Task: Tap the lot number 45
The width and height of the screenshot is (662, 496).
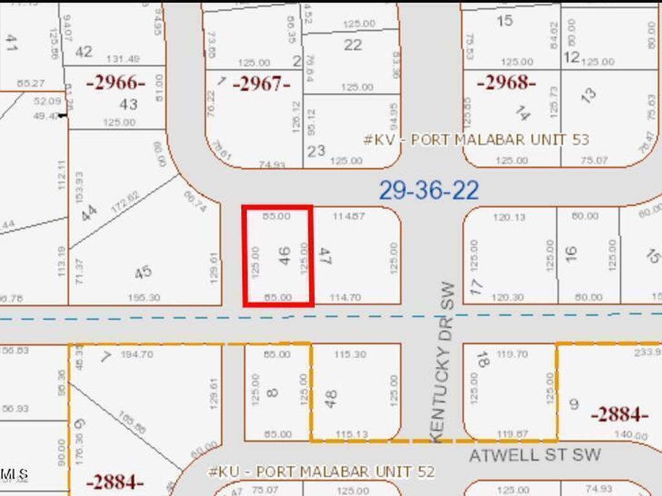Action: [144, 272]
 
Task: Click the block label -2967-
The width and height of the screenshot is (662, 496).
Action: [261, 84]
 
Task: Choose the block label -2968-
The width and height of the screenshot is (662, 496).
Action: [506, 83]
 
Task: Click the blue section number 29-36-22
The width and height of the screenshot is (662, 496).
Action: [429, 191]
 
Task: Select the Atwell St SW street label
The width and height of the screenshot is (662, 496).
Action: [535, 455]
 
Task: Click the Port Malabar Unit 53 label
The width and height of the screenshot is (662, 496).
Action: [476, 139]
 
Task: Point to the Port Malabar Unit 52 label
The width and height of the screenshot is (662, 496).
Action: [321, 471]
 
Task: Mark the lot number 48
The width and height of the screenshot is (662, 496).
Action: [331, 398]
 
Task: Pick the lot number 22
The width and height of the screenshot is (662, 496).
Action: [353, 45]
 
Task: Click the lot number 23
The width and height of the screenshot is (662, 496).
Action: [316, 151]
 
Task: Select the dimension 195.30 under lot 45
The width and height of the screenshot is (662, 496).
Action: [145, 298]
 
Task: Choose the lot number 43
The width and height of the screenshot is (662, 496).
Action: [129, 104]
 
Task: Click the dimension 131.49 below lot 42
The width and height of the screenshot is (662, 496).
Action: [122, 59]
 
